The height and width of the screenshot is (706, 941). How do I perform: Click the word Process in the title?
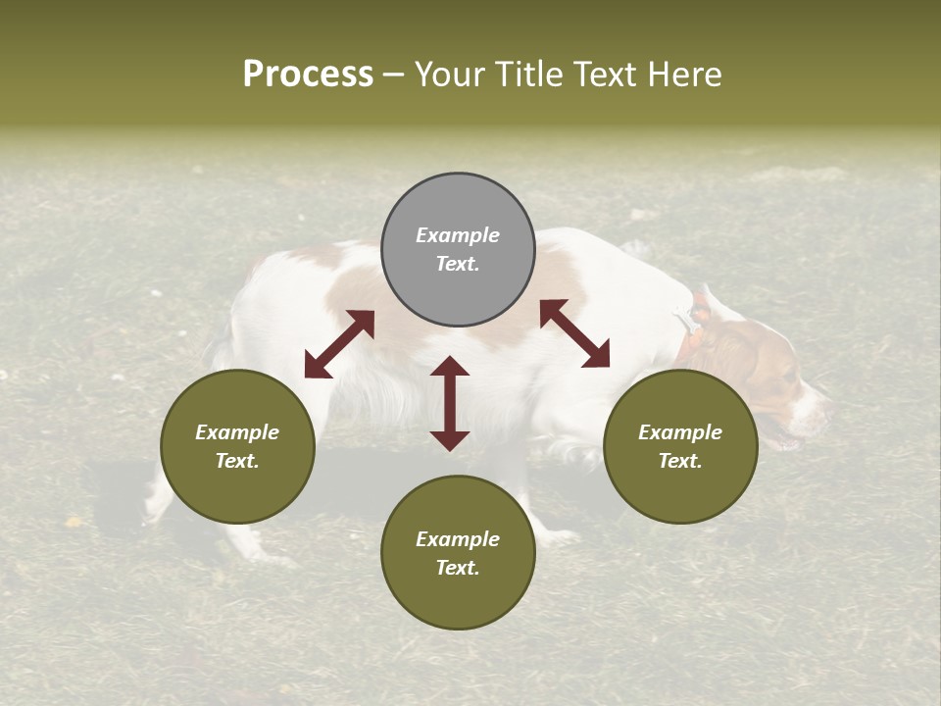308,75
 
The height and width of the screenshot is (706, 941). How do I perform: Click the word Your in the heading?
450,75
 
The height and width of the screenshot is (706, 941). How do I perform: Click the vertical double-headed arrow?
450,403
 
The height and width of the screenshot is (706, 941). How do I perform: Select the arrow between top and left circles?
339,344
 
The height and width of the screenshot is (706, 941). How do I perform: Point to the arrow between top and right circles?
575,333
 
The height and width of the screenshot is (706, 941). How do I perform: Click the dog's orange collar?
692,338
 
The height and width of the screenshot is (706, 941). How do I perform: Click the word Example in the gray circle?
458,235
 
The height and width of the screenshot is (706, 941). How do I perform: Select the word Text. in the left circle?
237,461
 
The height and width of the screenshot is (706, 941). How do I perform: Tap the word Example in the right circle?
680,432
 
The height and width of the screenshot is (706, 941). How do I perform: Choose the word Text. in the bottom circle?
458,568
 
